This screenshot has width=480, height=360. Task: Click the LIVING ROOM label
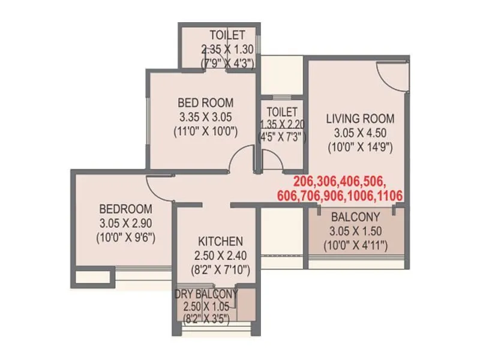point(359,118)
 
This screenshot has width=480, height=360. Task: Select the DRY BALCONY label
point(206,294)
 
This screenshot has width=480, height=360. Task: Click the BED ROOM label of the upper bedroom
point(206,103)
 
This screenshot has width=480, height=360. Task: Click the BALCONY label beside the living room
point(356,217)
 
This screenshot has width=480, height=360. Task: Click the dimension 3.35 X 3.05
point(206,116)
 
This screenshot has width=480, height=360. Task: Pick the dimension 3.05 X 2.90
point(125,223)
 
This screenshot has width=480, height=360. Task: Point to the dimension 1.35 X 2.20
point(282,125)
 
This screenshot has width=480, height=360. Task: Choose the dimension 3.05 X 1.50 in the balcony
point(356,231)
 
